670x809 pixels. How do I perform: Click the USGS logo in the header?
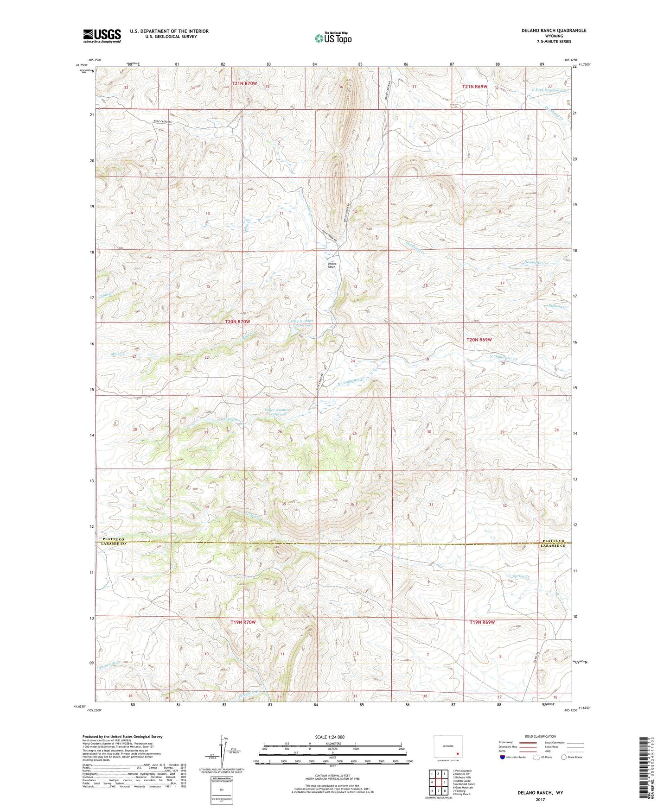[102, 36]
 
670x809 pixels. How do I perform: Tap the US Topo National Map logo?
[333, 38]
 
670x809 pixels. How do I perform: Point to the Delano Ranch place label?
[332, 265]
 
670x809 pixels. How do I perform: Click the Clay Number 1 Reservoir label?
[302, 323]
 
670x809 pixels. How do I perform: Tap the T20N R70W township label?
[237, 322]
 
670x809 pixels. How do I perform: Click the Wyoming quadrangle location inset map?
[447, 746]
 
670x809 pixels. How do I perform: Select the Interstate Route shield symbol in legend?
[503, 757]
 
